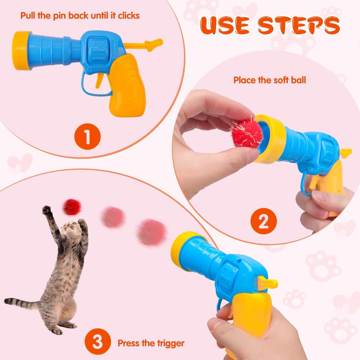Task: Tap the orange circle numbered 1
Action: click(87, 136)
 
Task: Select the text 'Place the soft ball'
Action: click(270, 80)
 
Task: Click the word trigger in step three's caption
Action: click(170, 343)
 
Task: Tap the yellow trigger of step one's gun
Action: click(99, 79)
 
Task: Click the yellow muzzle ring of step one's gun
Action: click(21, 50)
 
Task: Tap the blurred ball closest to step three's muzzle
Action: click(152, 232)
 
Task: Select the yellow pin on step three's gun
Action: click(267, 283)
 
